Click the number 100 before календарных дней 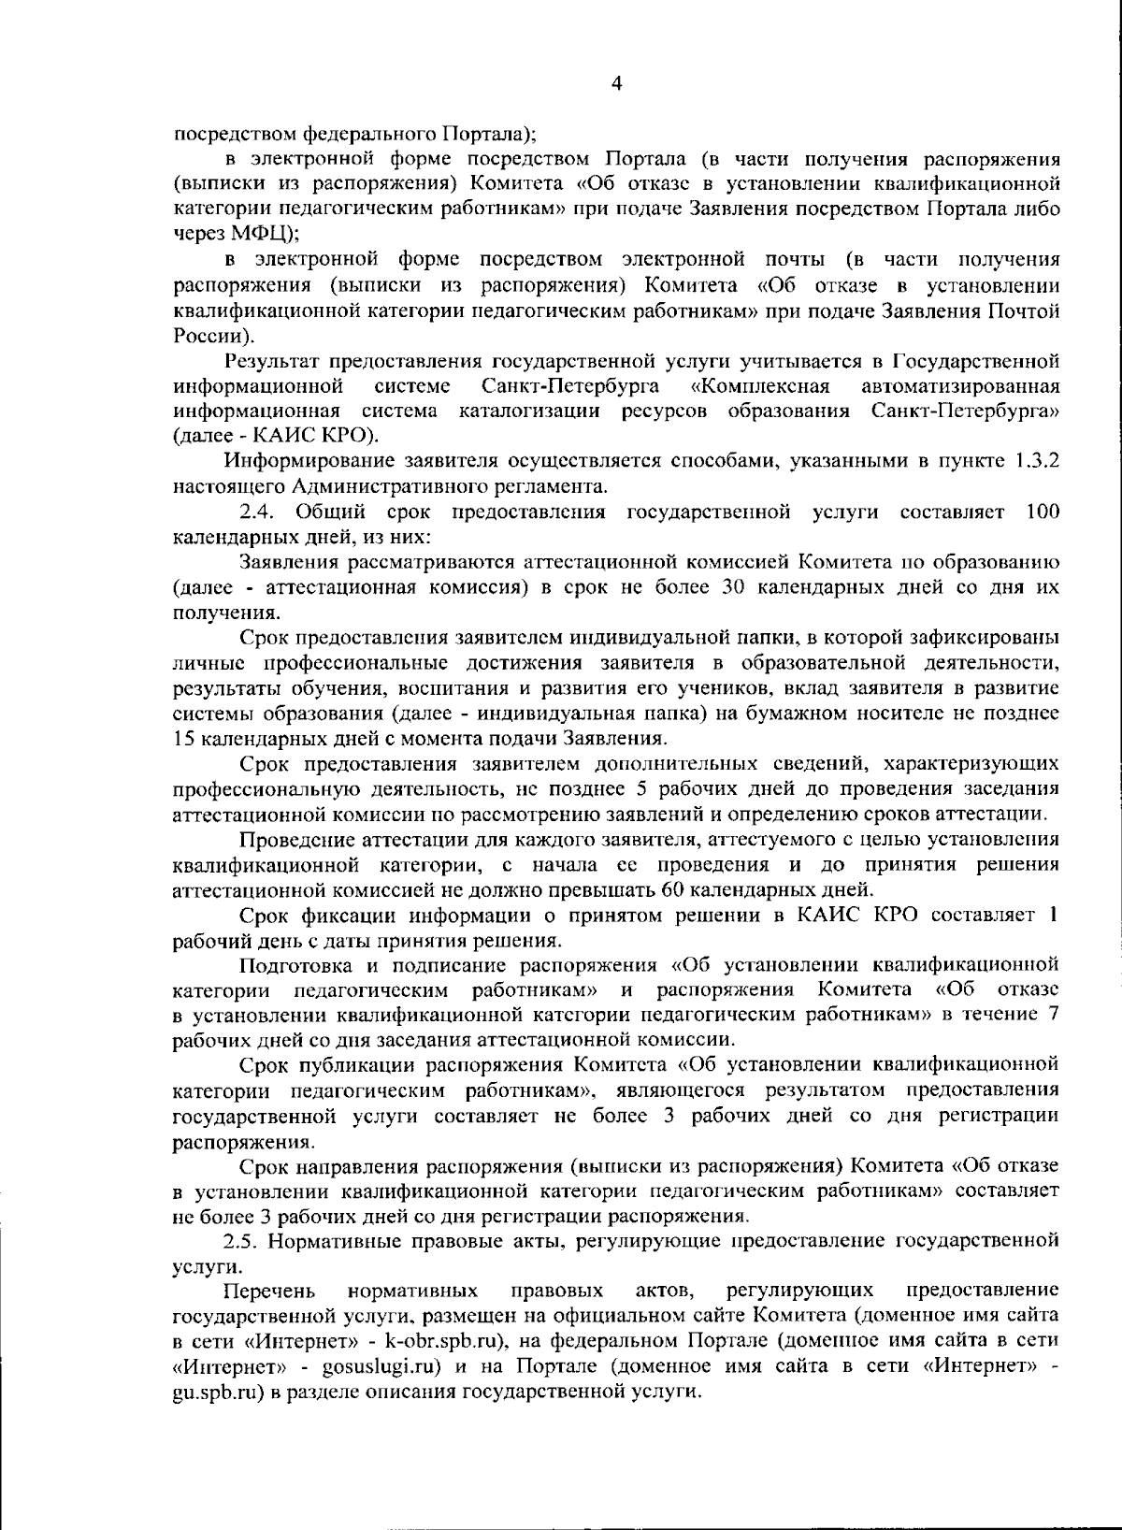[1043, 512]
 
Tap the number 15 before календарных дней [183, 738]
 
